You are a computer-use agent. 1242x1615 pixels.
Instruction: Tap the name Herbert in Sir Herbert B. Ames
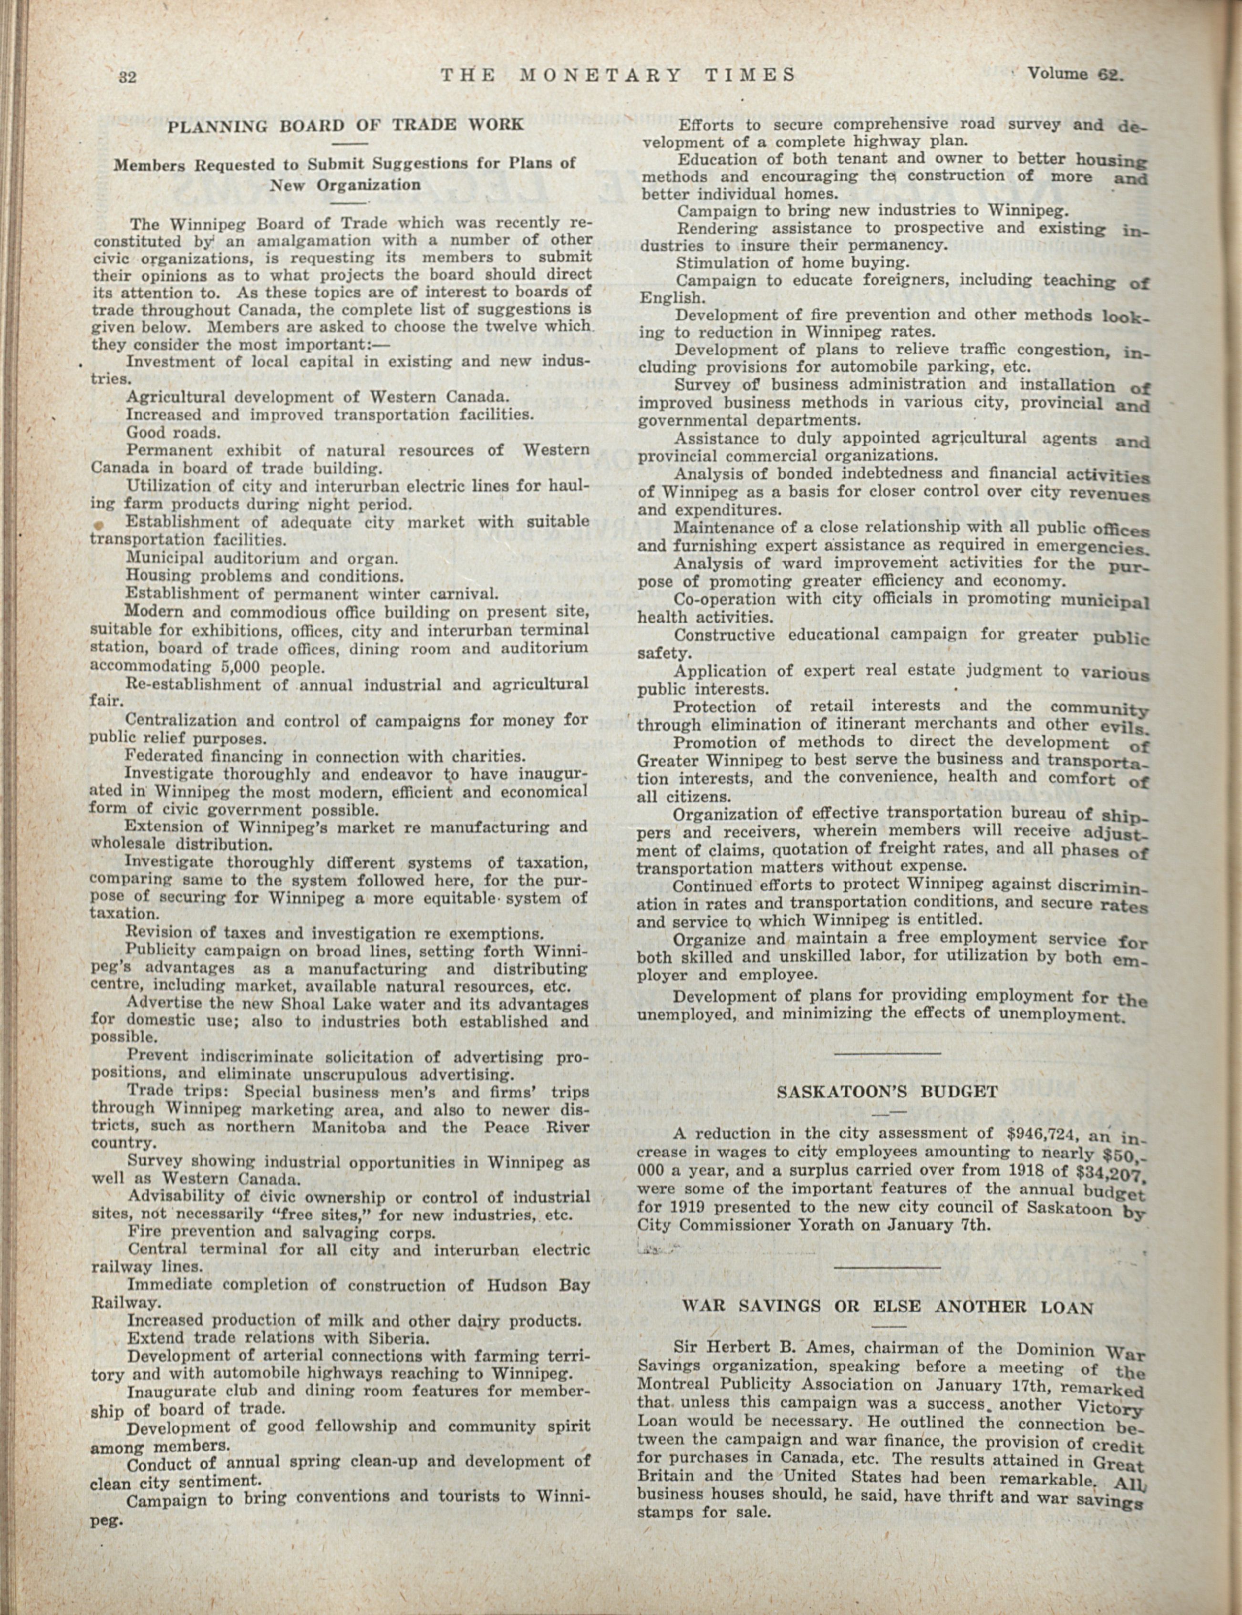(744, 1347)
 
